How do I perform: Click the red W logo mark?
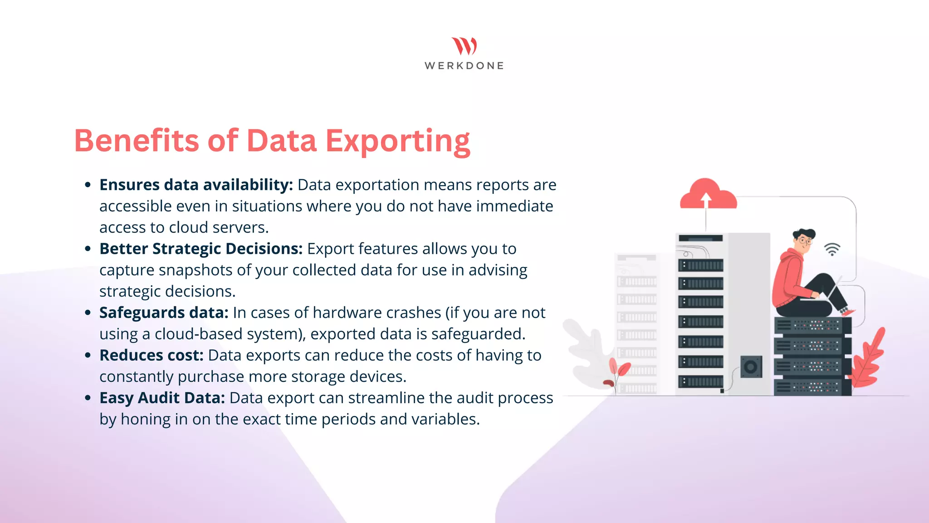point(464,46)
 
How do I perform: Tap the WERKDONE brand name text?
point(464,66)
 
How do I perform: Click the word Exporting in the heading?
point(398,141)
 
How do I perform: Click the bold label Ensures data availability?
point(196,185)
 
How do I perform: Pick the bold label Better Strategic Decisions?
point(201,249)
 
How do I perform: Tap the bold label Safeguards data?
point(164,313)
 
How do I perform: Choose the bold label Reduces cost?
point(152,355)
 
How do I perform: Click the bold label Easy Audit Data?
point(162,398)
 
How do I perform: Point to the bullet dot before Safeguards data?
point(88,313)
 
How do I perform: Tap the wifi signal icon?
point(832,249)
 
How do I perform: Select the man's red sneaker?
point(847,312)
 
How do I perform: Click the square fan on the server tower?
point(751,367)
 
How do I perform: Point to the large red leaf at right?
point(869,359)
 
